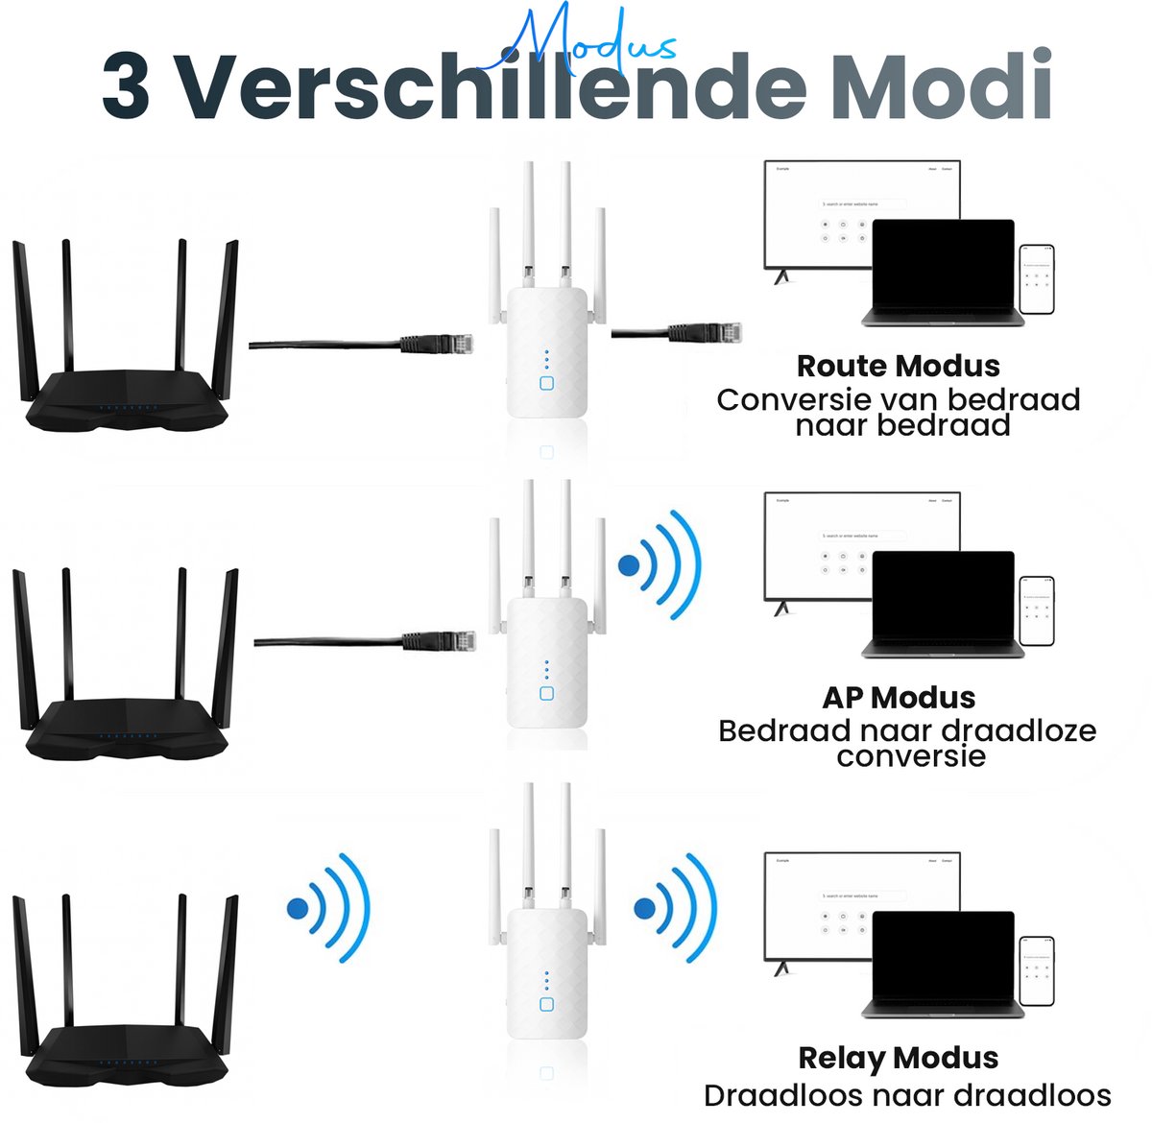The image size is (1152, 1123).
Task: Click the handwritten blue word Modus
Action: pos(588,40)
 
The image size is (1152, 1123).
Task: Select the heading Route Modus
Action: pos(898,366)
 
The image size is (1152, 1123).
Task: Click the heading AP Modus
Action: pos(899,698)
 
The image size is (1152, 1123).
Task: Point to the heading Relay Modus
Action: pos(898,1058)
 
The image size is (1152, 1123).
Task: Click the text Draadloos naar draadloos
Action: pos(907,1095)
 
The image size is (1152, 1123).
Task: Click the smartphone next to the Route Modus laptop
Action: pos(1037,278)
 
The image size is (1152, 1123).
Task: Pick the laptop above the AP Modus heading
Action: pos(943,605)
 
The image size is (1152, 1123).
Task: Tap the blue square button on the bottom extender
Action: pos(546,1004)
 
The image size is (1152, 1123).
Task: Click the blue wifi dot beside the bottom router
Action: pos(299,907)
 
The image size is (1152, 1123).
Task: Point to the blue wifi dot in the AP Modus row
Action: pos(629,565)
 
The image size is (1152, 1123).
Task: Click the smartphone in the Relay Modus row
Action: pos(1037,972)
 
